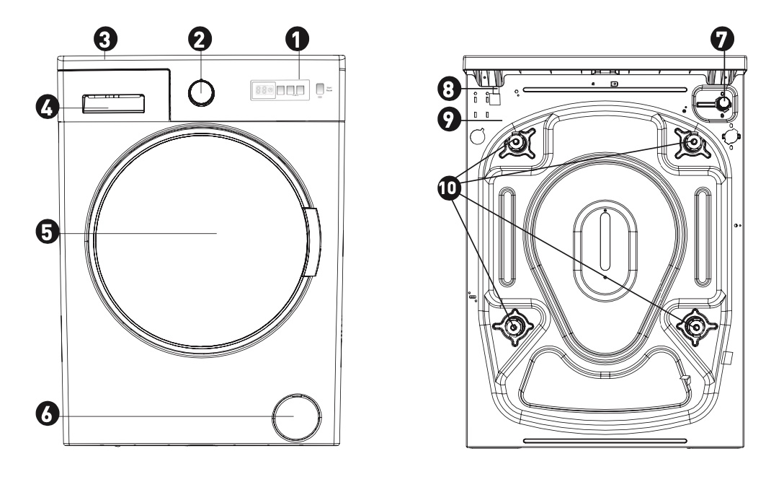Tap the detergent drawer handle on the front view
pos(112,104)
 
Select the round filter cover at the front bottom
pos(295,417)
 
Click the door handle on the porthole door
pos(311,241)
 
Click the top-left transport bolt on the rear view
pos(517,144)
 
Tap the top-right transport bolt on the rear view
pos(693,142)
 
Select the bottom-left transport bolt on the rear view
pos(514,327)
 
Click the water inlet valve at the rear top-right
pos(722,104)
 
